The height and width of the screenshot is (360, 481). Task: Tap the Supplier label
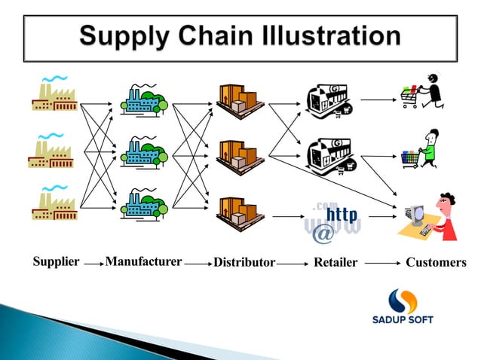pos(56,262)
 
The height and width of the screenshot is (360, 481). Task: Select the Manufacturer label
pos(143,262)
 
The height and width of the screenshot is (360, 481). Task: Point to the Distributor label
pos(244,263)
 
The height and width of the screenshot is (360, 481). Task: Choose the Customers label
pos(436,263)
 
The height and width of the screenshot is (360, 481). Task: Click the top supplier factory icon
pos(54,94)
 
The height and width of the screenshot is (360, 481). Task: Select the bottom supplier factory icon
pos(54,201)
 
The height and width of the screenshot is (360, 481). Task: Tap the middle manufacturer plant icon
pos(144,151)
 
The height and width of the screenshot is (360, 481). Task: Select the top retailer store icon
pos(329,102)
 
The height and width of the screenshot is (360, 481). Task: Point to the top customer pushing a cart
pos(423,92)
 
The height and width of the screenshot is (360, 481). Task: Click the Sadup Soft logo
pos(403,306)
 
